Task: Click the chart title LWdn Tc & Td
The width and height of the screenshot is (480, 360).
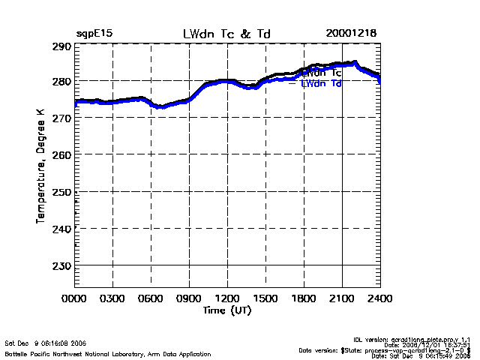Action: tap(227, 34)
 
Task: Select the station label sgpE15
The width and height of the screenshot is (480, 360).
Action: tap(94, 34)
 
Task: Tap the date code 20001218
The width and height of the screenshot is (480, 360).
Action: tap(351, 34)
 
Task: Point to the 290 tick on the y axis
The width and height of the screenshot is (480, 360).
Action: tap(61, 46)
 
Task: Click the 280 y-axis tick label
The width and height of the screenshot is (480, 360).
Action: tap(61, 81)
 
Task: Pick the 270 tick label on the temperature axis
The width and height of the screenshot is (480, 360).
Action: tap(61, 118)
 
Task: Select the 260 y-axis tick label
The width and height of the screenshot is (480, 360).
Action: tap(61, 154)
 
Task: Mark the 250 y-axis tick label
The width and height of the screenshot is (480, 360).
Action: tap(61, 192)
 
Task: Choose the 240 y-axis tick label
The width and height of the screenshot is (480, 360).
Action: tap(61, 229)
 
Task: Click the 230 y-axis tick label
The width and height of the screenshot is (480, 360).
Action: tap(61, 265)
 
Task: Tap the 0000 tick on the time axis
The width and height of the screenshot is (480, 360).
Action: tap(74, 298)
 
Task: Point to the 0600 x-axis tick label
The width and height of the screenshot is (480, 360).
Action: tap(151, 298)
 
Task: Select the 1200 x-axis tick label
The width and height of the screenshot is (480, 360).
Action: tap(227, 298)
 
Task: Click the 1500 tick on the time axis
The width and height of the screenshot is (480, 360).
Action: tap(265, 298)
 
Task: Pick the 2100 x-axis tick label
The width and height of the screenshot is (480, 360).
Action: tap(342, 298)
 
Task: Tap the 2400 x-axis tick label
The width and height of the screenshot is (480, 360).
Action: tap(379, 298)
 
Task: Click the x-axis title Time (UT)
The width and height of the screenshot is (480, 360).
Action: tap(227, 309)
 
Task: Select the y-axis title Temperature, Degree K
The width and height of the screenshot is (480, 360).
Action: tap(39, 165)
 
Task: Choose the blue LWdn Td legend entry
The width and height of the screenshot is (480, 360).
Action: tap(321, 84)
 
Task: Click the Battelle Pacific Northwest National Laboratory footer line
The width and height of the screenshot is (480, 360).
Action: tap(108, 353)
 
